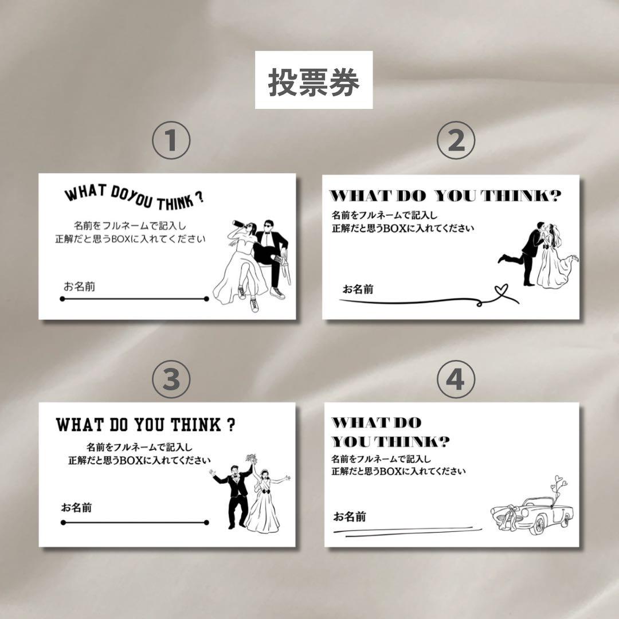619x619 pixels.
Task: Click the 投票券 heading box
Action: pyautogui.click(x=314, y=80)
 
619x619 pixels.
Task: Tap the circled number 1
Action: pyautogui.click(x=171, y=140)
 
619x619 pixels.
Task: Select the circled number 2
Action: pyautogui.click(x=456, y=140)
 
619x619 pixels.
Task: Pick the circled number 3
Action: pyautogui.click(x=171, y=379)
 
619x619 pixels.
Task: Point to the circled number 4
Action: pyautogui.click(x=456, y=379)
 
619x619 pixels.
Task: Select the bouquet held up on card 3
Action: pyautogui.click(x=251, y=459)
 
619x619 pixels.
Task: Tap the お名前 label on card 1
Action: pyautogui.click(x=79, y=286)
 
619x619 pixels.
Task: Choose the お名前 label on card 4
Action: pyautogui.click(x=350, y=516)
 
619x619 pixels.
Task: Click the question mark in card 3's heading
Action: pyautogui.click(x=232, y=425)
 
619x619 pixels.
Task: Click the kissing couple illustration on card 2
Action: pyautogui.click(x=538, y=254)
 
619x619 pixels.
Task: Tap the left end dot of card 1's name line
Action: pyautogui.click(x=62, y=299)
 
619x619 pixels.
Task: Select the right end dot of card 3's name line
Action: pyautogui.click(x=206, y=523)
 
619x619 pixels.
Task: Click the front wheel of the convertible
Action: pyautogui.click(x=538, y=527)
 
